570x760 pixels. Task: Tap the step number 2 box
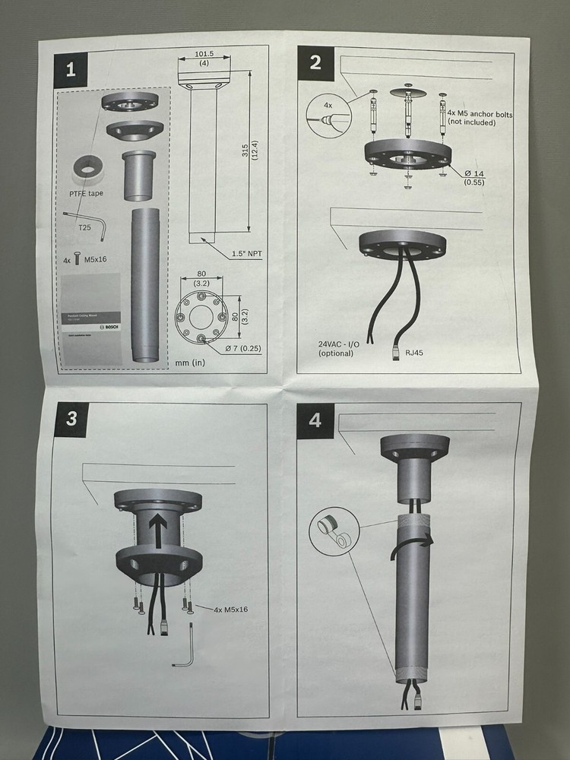(315, 62)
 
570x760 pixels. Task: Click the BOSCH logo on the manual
(112, 326)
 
